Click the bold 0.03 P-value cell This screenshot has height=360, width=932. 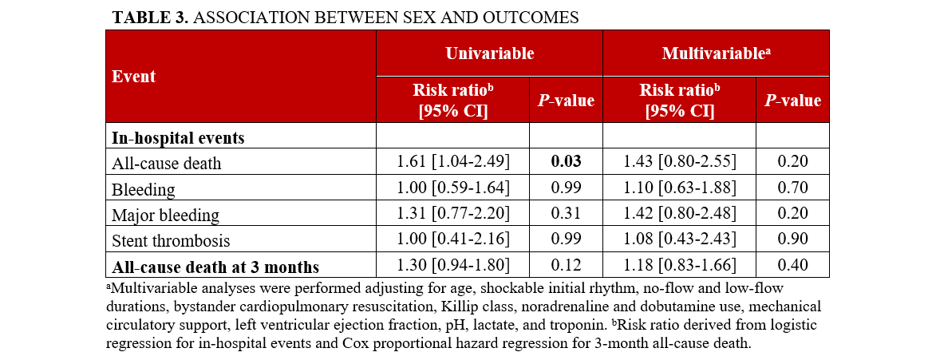[566, 162]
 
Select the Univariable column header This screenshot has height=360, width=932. [488, 53]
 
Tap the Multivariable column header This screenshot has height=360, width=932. [715, 53]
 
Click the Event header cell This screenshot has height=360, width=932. [134, 77]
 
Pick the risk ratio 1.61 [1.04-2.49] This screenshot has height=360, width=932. [452, 162]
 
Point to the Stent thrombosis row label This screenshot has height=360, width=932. [171, 239]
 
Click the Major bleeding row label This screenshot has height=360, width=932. [165, 215]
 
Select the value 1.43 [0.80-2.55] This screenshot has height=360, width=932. [679, 162]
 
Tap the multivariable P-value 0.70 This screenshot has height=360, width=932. [792, 188]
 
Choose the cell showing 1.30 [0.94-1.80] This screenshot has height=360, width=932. [452, 266]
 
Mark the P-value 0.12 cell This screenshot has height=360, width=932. [566, 266]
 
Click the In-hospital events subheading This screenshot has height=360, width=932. [178, 137]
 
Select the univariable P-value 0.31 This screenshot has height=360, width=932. [566, 215]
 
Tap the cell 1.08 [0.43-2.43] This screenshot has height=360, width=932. [679, 239]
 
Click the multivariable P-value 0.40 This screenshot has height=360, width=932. [792, 266]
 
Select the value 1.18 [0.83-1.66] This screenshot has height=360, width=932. [679, 266]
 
